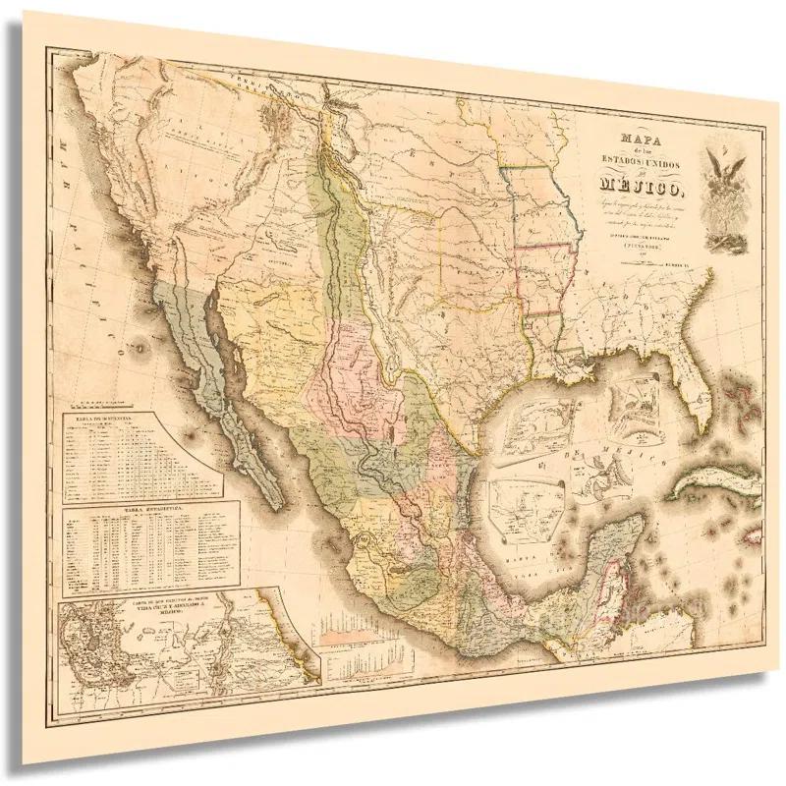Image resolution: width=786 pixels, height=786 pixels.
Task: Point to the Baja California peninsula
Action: tap(221, 393)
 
